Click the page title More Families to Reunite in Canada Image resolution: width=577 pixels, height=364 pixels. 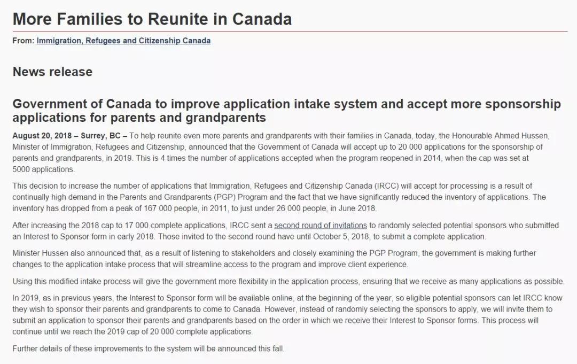[152, 19]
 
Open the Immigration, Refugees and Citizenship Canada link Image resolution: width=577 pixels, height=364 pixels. [123, 41]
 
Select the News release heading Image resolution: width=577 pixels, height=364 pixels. [52, 72]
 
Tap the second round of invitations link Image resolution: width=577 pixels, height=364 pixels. [321, 226]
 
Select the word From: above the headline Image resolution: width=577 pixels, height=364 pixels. [24, 41]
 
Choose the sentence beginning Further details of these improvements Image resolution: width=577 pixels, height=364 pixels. [149, 349]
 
